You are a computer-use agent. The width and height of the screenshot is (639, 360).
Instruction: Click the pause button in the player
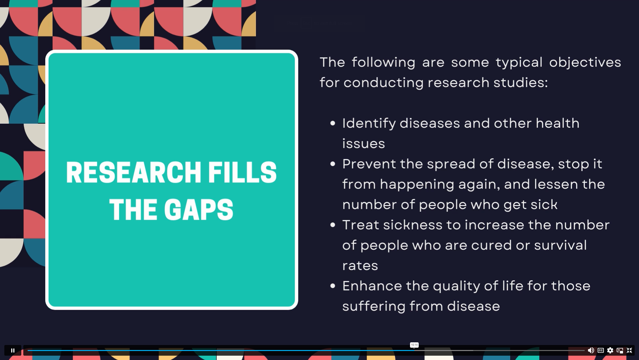pos(13,350)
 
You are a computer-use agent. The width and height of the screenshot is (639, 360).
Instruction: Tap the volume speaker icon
pos(591,350)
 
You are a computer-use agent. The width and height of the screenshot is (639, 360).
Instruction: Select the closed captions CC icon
pos(601,350)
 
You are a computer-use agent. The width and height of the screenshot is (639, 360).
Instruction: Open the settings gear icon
pos(610,350)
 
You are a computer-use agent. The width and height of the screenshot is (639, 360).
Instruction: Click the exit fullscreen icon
pos(629,350)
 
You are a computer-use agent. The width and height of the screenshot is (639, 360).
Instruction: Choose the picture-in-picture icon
pos(620,350)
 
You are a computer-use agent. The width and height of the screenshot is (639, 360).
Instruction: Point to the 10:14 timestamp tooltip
pos(414,345)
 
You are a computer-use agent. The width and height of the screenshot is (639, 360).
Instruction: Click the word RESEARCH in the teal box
pos(133,172)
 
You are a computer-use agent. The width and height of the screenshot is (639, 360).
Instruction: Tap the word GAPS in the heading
pos(199,210)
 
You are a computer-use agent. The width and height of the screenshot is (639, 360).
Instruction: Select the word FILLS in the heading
pos(242,172)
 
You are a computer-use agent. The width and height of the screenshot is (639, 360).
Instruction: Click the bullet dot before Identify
pos(332,124)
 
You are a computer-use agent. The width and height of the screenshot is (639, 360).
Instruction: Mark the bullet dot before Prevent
pos(332,164)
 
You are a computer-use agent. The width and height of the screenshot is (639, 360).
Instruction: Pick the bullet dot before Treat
pos(332,225)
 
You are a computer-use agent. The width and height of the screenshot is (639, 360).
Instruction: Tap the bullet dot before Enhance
pos(332,286)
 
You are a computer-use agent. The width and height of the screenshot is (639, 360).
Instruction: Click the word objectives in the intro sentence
pos(585,63)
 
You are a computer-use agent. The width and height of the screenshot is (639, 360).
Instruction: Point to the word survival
pos(560,245)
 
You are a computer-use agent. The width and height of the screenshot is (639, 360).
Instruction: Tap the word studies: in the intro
pos(521,82)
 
